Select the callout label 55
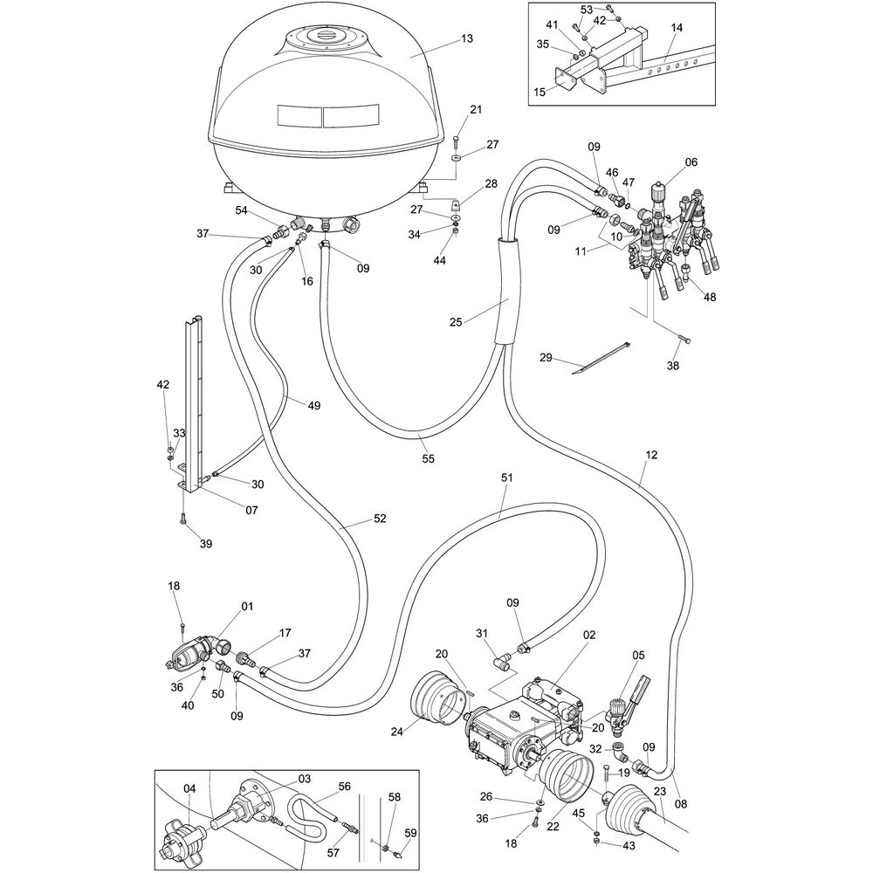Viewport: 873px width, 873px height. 428,457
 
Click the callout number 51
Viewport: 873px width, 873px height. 508,477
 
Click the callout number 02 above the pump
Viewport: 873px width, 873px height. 589,635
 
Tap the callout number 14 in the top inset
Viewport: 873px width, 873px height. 677,28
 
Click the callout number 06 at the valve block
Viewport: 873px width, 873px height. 691,162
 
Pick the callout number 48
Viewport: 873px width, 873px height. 710,297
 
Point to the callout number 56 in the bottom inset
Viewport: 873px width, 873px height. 344,786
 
